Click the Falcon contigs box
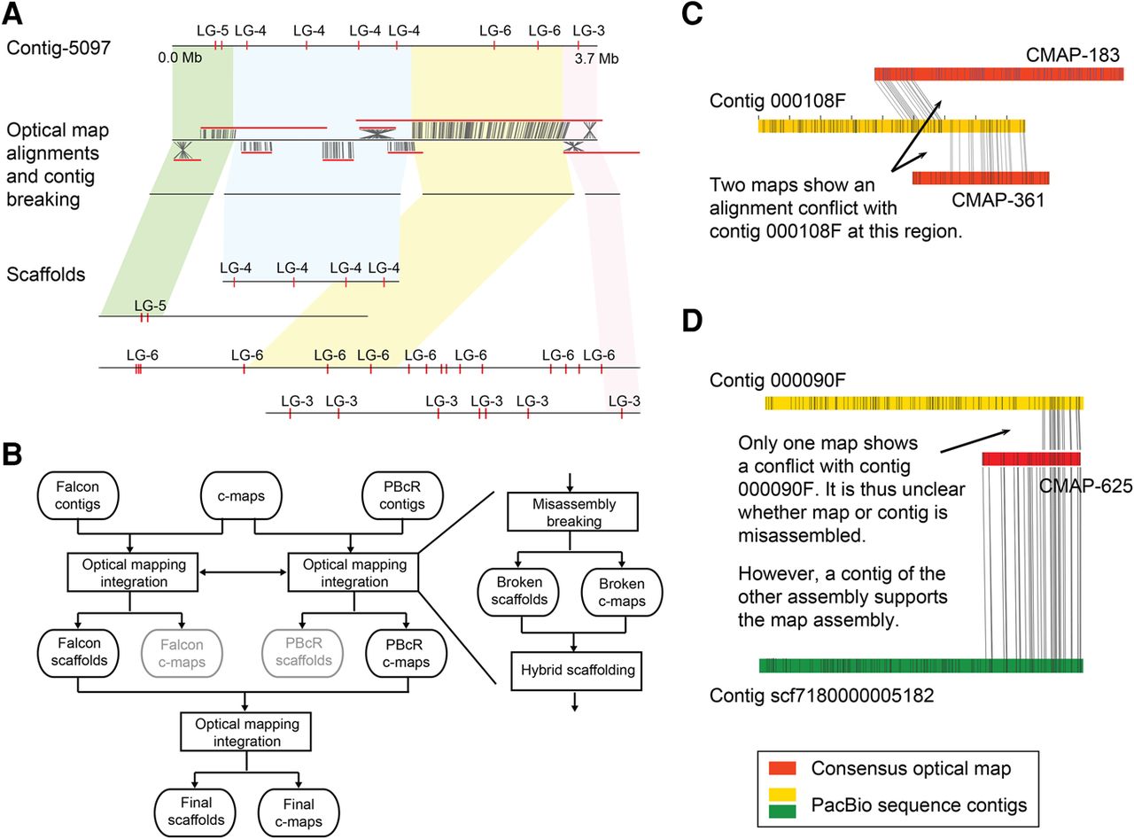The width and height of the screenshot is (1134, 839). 78,495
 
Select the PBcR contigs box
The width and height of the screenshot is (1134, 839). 402,495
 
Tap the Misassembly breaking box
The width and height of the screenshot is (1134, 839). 572,512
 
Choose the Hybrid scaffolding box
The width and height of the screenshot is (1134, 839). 577,671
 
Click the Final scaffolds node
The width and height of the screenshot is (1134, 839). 196,812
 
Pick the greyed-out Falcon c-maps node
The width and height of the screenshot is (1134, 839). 182,654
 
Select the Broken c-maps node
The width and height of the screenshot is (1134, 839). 622,593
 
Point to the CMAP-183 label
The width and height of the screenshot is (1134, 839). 1073,55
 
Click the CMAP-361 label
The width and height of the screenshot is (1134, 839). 998,200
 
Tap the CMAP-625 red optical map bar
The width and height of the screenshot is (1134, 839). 1031,459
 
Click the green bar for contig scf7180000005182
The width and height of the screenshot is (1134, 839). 920,665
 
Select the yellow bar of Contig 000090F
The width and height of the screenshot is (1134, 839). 924,403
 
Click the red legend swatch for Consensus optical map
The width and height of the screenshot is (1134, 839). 782,768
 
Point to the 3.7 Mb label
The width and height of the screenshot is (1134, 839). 596,58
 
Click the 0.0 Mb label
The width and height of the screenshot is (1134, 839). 180,58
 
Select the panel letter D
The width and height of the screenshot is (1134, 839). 692,321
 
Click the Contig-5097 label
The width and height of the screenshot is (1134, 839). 58,48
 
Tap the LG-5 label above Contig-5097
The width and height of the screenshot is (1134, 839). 213,31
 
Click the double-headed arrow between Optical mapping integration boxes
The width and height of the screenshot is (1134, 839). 243,572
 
